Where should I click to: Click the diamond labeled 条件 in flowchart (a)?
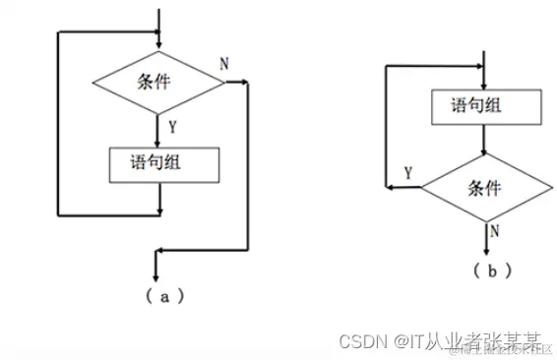[157, 83]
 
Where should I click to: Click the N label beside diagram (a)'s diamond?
[224, 65]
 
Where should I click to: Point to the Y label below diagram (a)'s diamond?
[172, 127]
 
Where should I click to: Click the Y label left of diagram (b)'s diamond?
[408, 173]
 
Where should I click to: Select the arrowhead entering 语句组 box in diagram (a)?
[157, 143]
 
